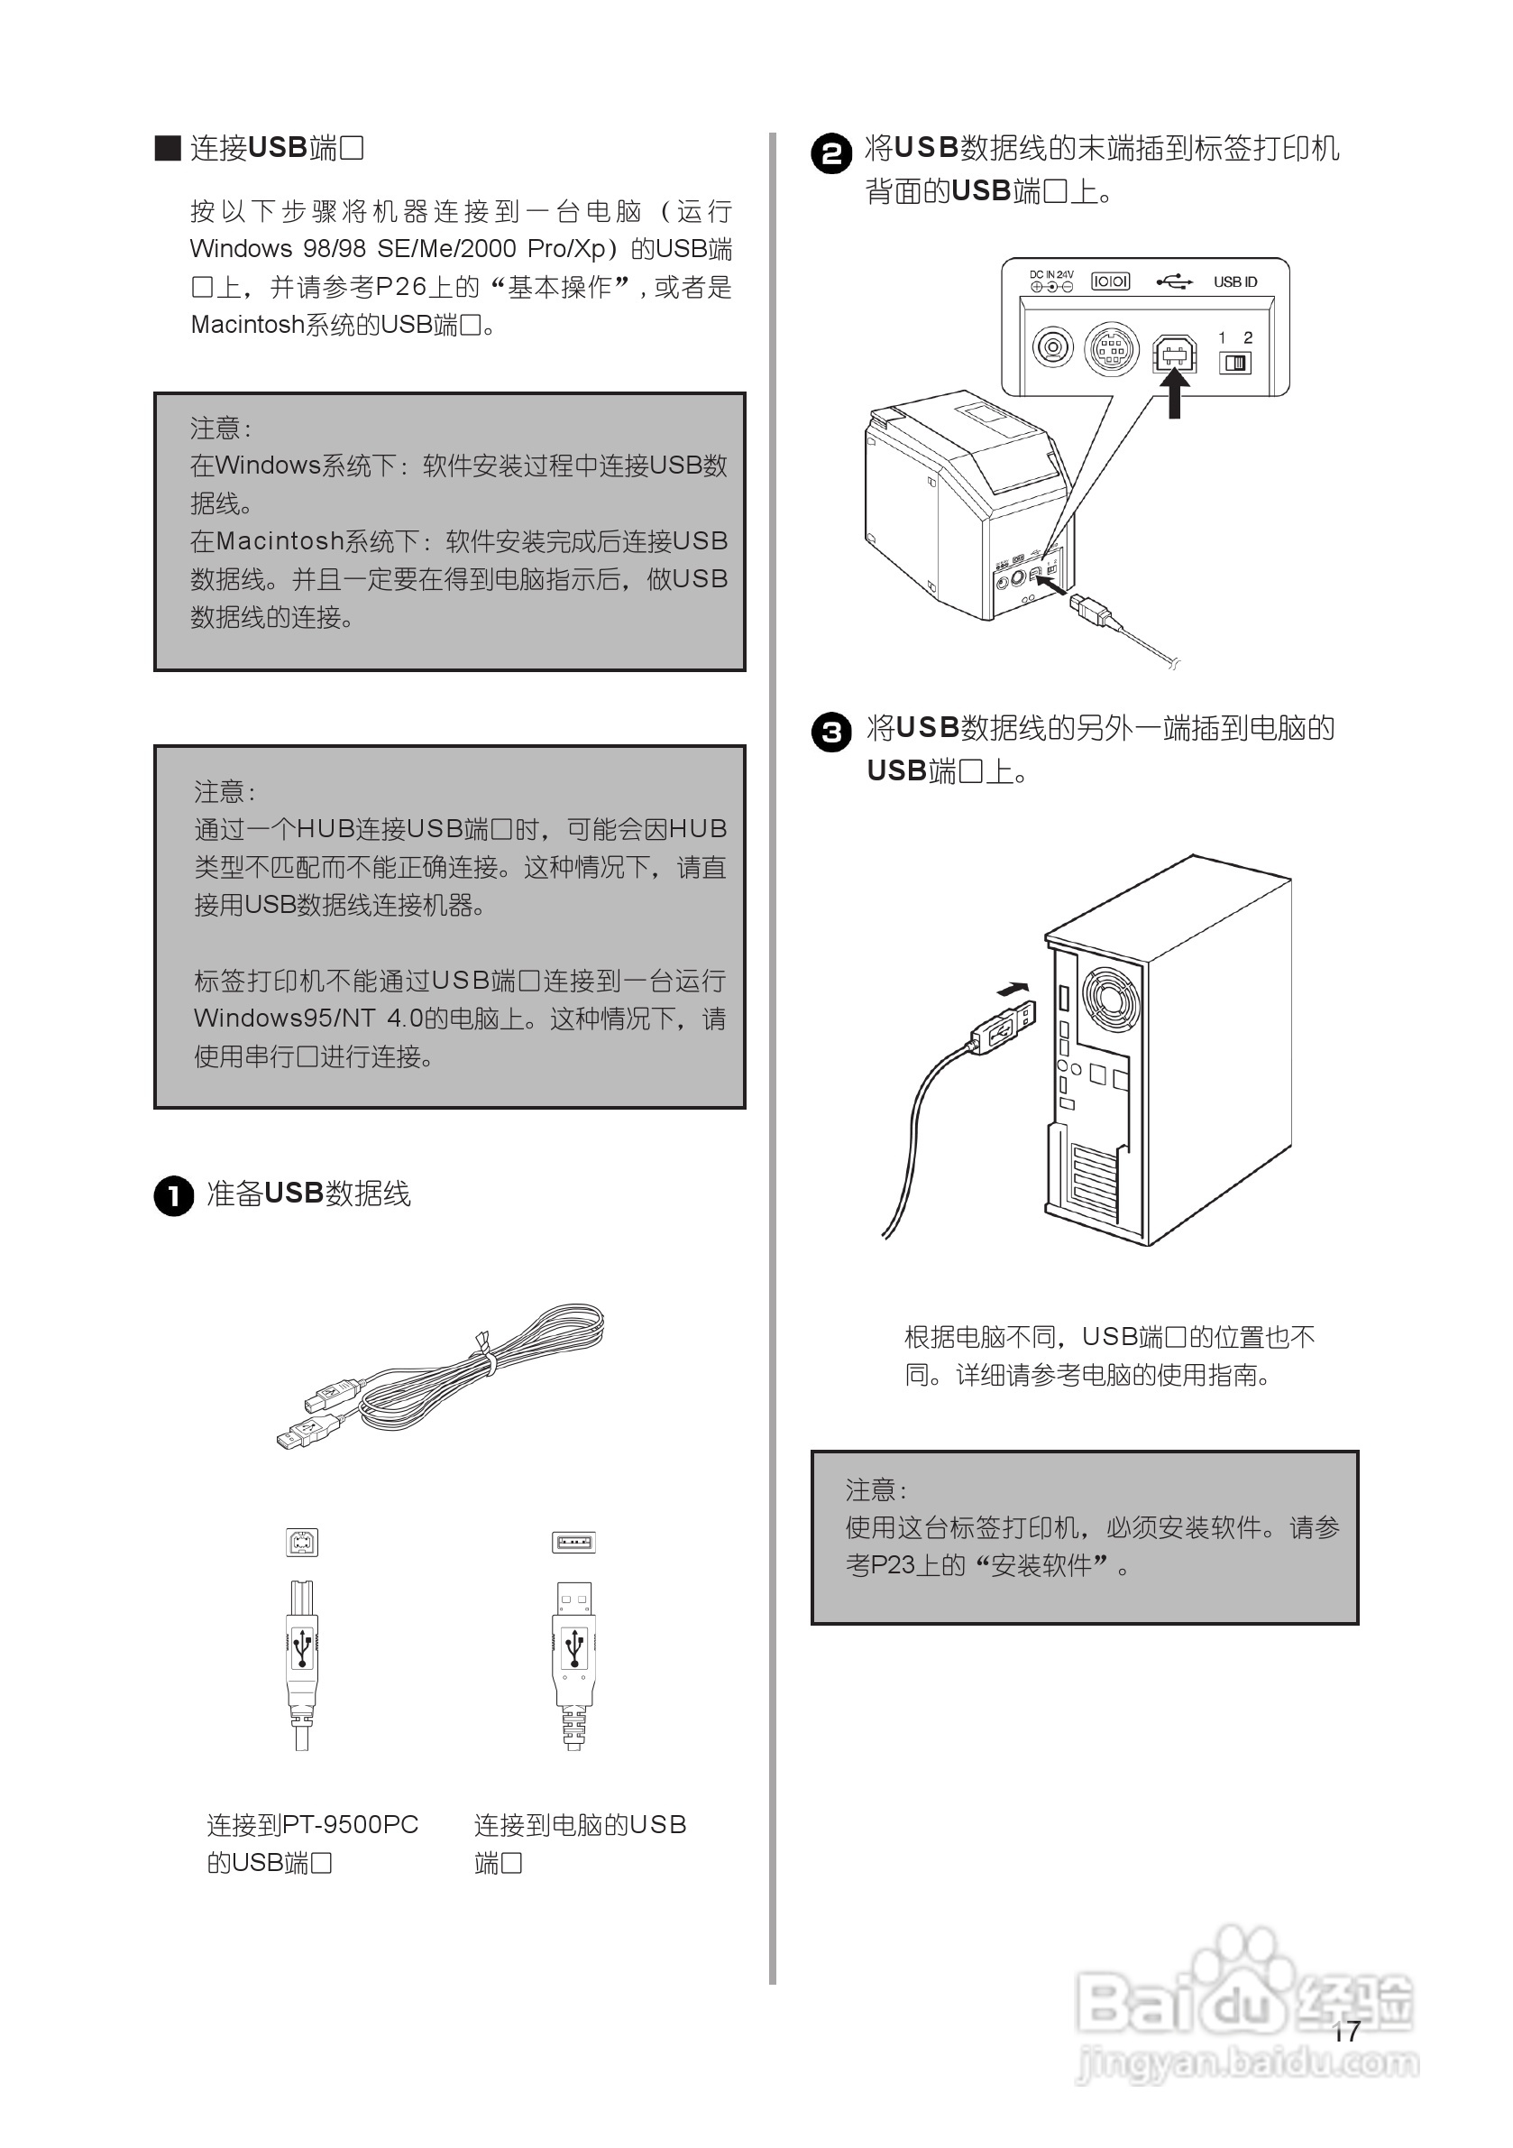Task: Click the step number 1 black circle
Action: point(173,1195)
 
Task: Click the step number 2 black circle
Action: point(831,153)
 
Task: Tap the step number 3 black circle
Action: point(831,732)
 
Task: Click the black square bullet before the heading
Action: point(168,148)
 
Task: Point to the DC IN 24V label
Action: point(1051,275)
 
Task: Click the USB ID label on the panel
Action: point(1234,281)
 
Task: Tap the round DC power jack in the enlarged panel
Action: point(1053,348)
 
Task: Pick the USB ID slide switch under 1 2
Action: point(1235,363)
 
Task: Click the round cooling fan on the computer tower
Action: point(1111,999)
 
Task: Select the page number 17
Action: point(1345,2031)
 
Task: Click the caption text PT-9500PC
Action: point(350,1825)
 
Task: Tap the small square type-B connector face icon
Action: point(302,1542)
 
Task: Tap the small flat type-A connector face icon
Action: point(573,1542)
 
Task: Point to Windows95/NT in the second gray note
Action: point(283,1019)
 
